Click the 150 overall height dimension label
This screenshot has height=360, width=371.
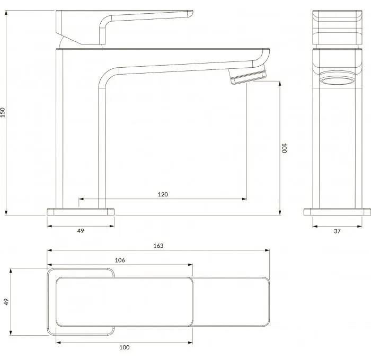click(3, 112)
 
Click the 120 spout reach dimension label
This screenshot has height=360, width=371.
click(163, 194)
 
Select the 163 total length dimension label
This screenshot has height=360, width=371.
click(158, 246)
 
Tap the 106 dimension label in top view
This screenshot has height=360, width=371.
click(120, 260)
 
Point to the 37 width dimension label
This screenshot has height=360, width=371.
click(337, 231)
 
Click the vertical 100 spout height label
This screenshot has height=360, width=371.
click(284, 148)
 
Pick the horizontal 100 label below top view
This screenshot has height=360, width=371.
click(124, 347)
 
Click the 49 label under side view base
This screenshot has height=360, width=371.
click(81, 230)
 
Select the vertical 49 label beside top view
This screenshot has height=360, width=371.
click(6, 302)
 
